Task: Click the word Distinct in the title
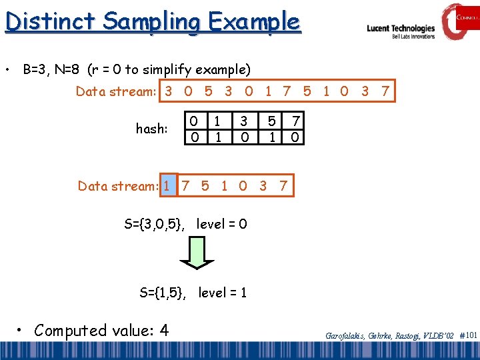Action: click(x=43, y=21)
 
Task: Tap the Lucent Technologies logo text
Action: click(x=401, y=29)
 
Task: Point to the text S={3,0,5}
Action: click(x=156, y=224)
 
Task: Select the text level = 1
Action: click(x=223, y=292)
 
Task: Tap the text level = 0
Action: click(x=222, y=224)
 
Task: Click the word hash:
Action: click(x=151, y=129)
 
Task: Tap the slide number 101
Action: click(x=471, y=335)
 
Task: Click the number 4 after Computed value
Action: click(x=164, y=330)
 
